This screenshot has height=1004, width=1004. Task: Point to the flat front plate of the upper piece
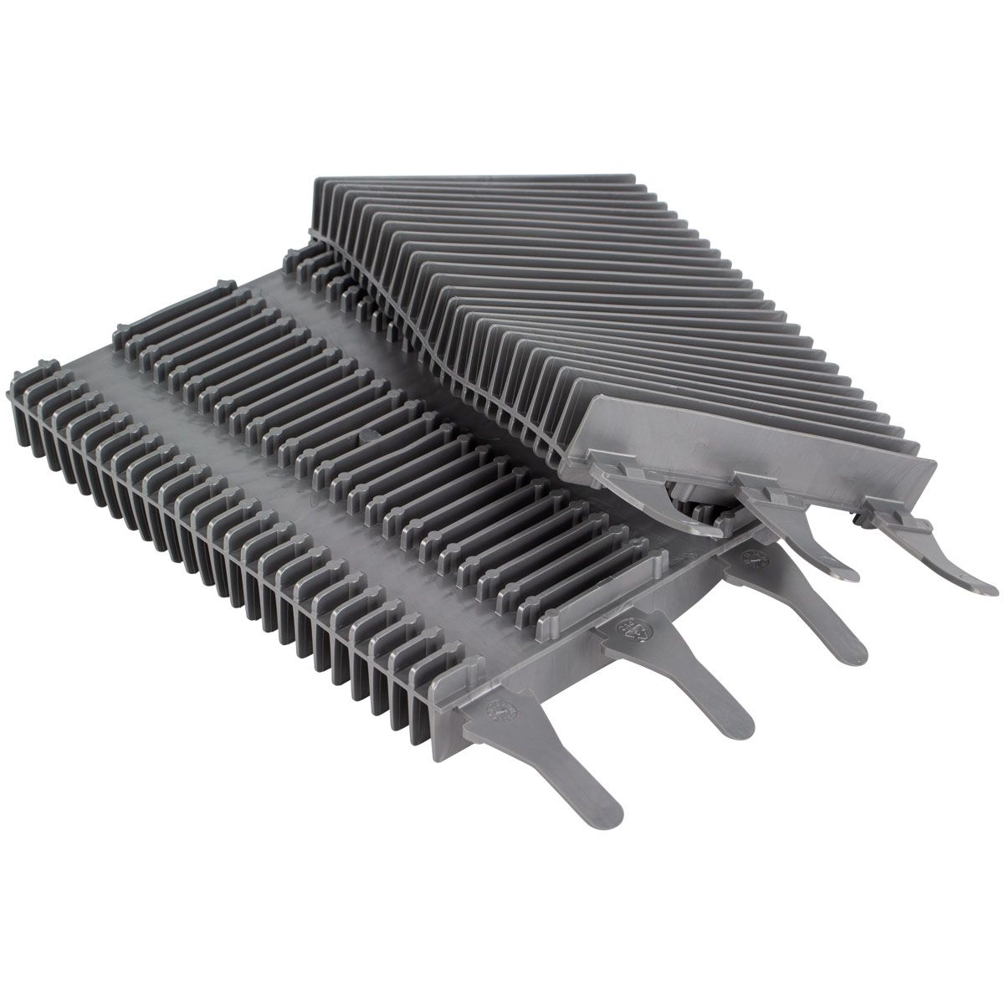(x=753, y=443)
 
